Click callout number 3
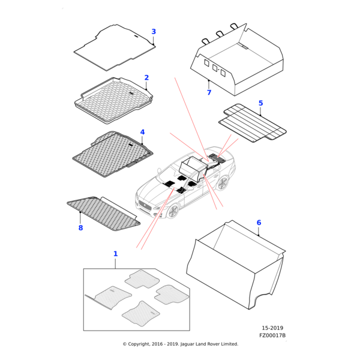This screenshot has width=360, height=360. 154,32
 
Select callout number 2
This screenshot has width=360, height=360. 146,78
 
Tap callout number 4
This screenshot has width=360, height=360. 142,132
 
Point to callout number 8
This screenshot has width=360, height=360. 80,228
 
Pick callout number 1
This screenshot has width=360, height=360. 116,254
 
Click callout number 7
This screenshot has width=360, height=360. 209,92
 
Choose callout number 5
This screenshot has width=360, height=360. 260,103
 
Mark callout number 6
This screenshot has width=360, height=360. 259,223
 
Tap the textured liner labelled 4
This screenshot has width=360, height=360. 111,153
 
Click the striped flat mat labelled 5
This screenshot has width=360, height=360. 252,123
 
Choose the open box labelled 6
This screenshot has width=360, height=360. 237,264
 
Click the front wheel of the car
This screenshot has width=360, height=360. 173,211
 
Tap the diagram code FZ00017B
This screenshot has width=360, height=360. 273,335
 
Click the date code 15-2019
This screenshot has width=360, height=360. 272,328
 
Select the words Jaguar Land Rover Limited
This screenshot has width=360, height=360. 208,344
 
